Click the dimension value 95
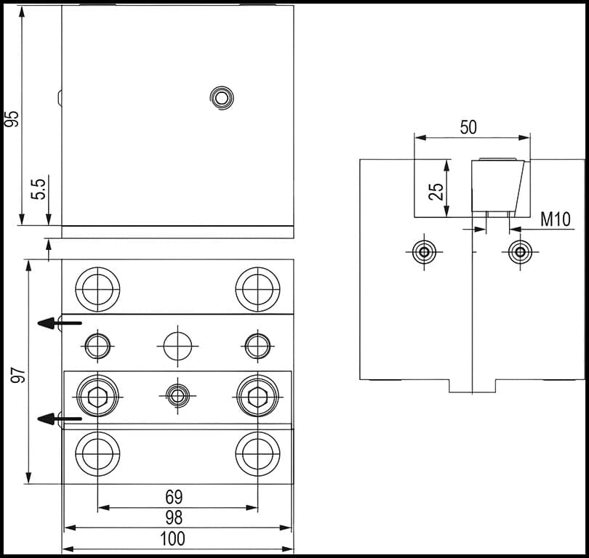point(12,118)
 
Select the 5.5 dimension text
point(40,188)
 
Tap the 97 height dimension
point(19,375)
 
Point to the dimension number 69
point(174,497)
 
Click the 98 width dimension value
point(174,517)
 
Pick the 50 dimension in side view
point(468,127)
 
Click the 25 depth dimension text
point(436,191)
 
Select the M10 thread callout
point(556,219)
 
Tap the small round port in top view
point(221,97)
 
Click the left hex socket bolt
point(97,396)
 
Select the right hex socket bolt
point(257,396)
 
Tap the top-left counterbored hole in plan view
point(97,288)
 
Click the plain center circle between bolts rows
point(177,345)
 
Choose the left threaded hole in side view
point(423,253)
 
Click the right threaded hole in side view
point(519,253)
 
